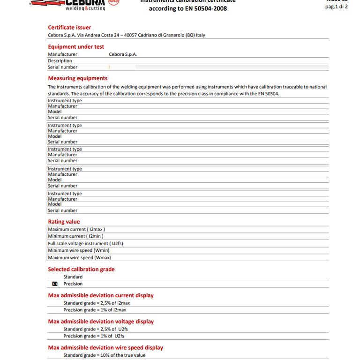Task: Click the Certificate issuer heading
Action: tap(69, 27)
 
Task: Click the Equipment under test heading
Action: tap(76, 46)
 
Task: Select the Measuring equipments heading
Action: tap(77, 78)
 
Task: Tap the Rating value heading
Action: tap(64, 222)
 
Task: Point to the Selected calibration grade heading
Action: tap(81, 270)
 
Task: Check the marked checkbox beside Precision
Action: tap(55, 284)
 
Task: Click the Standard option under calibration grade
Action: tap(73, 277)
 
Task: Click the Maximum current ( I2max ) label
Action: tap(76, 229)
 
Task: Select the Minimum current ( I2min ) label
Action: tap(75, 236)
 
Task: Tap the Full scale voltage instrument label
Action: tap(85, 243)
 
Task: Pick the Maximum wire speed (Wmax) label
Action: tap(79, 257)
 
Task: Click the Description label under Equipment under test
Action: tap(60, 60)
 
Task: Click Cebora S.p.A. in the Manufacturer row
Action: tap(123, 54)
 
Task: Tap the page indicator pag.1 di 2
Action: tap(336, 7)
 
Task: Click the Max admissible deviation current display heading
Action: tap(101, 295)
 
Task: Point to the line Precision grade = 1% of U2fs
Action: tap(94, 336)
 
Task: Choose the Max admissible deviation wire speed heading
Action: tap(105, 348)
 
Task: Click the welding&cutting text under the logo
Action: tap(85, 8)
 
